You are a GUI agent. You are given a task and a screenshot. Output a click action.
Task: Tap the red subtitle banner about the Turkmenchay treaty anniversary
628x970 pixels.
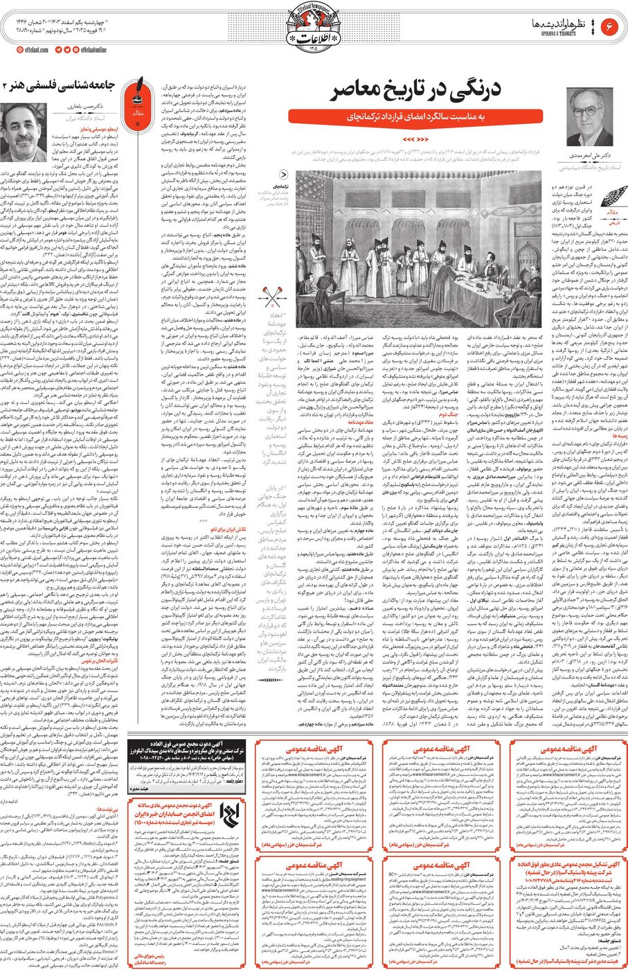point(420,117)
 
